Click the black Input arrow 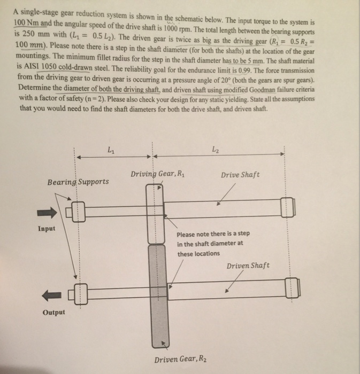click(x=45, y=213)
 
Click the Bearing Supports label click(x=78, y=182)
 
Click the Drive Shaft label click(x=240, y=175)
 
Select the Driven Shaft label click(x=248, y=266)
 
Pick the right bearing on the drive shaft click(x=286, y=208)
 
